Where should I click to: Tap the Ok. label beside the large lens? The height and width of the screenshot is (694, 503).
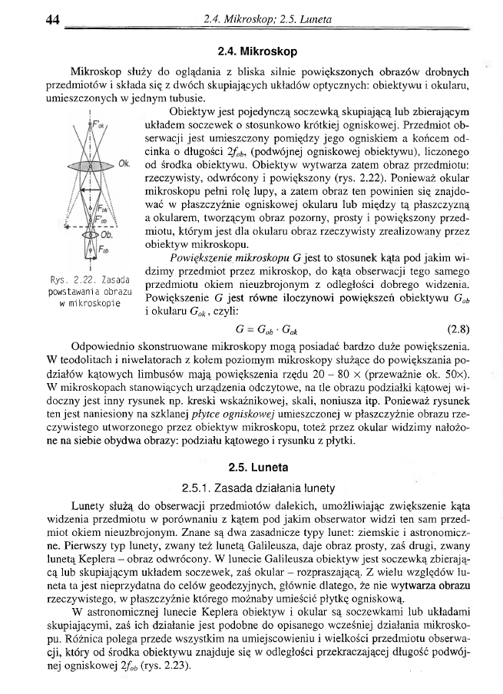[124, 164]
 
